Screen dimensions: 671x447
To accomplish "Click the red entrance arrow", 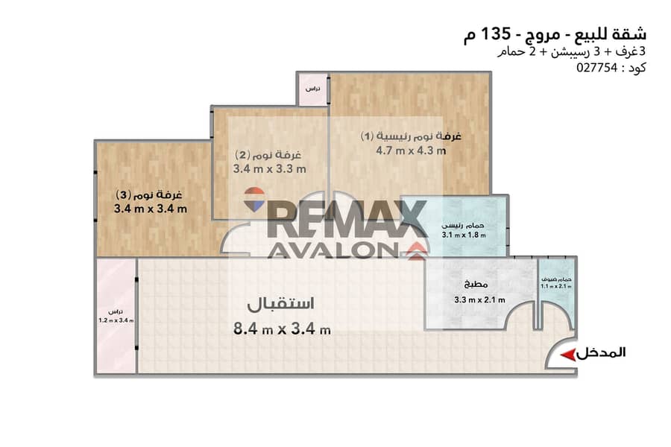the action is coord(567,355).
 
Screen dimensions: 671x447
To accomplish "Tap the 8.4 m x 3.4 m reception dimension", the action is coord(282,329).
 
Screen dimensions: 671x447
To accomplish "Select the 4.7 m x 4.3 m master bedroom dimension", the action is coord(411,150).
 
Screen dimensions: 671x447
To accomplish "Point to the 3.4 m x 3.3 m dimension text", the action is coord(270,169).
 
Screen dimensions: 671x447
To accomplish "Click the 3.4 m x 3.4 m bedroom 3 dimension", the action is coord(151,209).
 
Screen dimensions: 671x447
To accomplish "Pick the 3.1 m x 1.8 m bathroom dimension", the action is coord(464,235).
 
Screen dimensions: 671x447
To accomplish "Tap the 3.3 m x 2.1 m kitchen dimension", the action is coord(479,299).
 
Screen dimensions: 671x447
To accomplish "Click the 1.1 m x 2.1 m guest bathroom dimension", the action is coord(555,286).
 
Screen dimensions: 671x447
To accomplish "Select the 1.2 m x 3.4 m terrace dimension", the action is coord(116,320).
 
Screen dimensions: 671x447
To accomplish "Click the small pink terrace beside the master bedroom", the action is coord(313,89).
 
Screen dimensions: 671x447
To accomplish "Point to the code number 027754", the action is coord(596,68).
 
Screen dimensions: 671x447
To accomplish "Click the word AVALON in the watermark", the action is coord(333,251).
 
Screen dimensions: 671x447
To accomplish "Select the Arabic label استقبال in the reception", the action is coord(281,303).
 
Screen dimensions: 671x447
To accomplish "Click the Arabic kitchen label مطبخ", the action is coord(476,284).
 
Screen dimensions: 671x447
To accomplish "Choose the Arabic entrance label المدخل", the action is coord(601,353).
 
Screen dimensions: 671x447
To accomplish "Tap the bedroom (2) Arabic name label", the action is coord(268,154).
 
